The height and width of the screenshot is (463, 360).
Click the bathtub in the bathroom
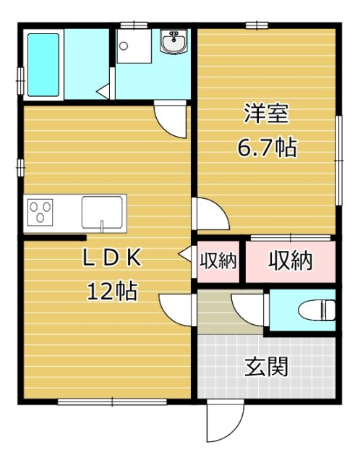[43, 64]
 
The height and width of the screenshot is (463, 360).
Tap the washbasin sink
[173, 42]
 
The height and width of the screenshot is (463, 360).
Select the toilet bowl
[317, 310]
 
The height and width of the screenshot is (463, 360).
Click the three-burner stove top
[40, 212]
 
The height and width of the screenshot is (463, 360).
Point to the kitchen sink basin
[102, 212]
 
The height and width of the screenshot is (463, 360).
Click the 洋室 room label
[266, 114]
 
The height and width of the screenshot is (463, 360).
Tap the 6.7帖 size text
[267, 147]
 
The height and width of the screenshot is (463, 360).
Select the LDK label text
[112, 258]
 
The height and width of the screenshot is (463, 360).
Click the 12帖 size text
[112, 291]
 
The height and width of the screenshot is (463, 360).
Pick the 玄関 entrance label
[267, 367]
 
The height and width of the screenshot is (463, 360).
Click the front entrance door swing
[226, 420]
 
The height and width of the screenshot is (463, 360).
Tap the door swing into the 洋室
[210, 213]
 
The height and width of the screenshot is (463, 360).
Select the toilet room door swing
[249, 310]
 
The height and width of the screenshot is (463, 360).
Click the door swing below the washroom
[171, 119]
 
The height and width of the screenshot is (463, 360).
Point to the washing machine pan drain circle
[124, 46]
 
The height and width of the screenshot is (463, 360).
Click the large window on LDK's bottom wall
[112, 402]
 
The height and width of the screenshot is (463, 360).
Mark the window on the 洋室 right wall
[339, 161]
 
